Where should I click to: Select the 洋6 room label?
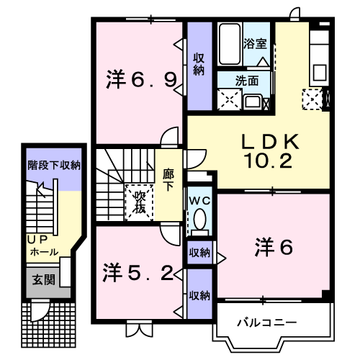273,248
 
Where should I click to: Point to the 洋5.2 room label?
137,272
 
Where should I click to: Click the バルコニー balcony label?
266,321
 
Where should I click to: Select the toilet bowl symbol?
199,219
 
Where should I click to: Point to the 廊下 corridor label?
168,179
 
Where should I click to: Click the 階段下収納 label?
53,166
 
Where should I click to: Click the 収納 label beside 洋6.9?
199,64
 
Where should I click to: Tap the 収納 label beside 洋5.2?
199,295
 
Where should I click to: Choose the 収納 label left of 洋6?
199,252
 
